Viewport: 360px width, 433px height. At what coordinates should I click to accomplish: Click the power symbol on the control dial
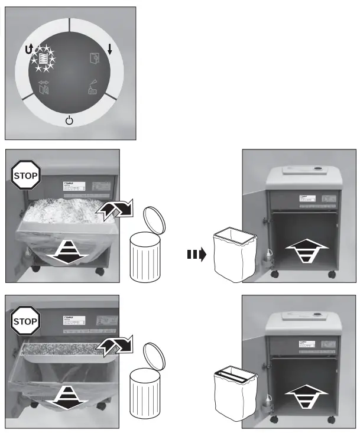(70, 121)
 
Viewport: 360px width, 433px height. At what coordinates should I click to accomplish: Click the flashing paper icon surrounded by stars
(42, 58)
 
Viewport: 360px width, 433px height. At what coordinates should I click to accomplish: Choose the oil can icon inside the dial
(93, 87)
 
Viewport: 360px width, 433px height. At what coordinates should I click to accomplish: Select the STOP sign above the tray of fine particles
(25, 322)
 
